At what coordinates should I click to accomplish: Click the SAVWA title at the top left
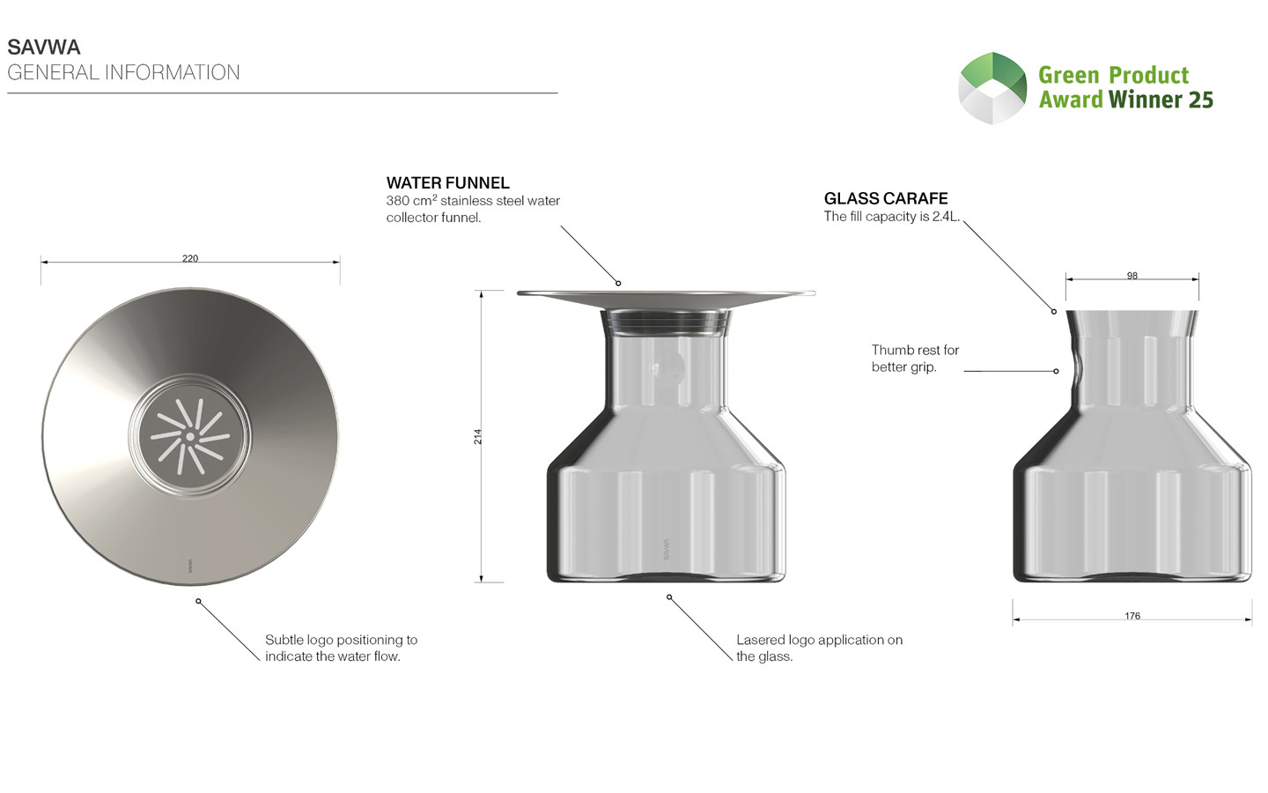44,47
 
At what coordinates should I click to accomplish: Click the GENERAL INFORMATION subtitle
123,72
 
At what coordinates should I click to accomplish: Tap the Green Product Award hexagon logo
992,88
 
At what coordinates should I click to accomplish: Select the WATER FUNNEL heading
447,183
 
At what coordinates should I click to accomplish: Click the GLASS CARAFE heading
885,198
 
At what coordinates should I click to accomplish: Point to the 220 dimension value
190,258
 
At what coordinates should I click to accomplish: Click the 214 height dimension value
478,437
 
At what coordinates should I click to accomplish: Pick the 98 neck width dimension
1132,276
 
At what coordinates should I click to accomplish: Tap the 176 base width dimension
1132,616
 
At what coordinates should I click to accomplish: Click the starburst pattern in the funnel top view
190,436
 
